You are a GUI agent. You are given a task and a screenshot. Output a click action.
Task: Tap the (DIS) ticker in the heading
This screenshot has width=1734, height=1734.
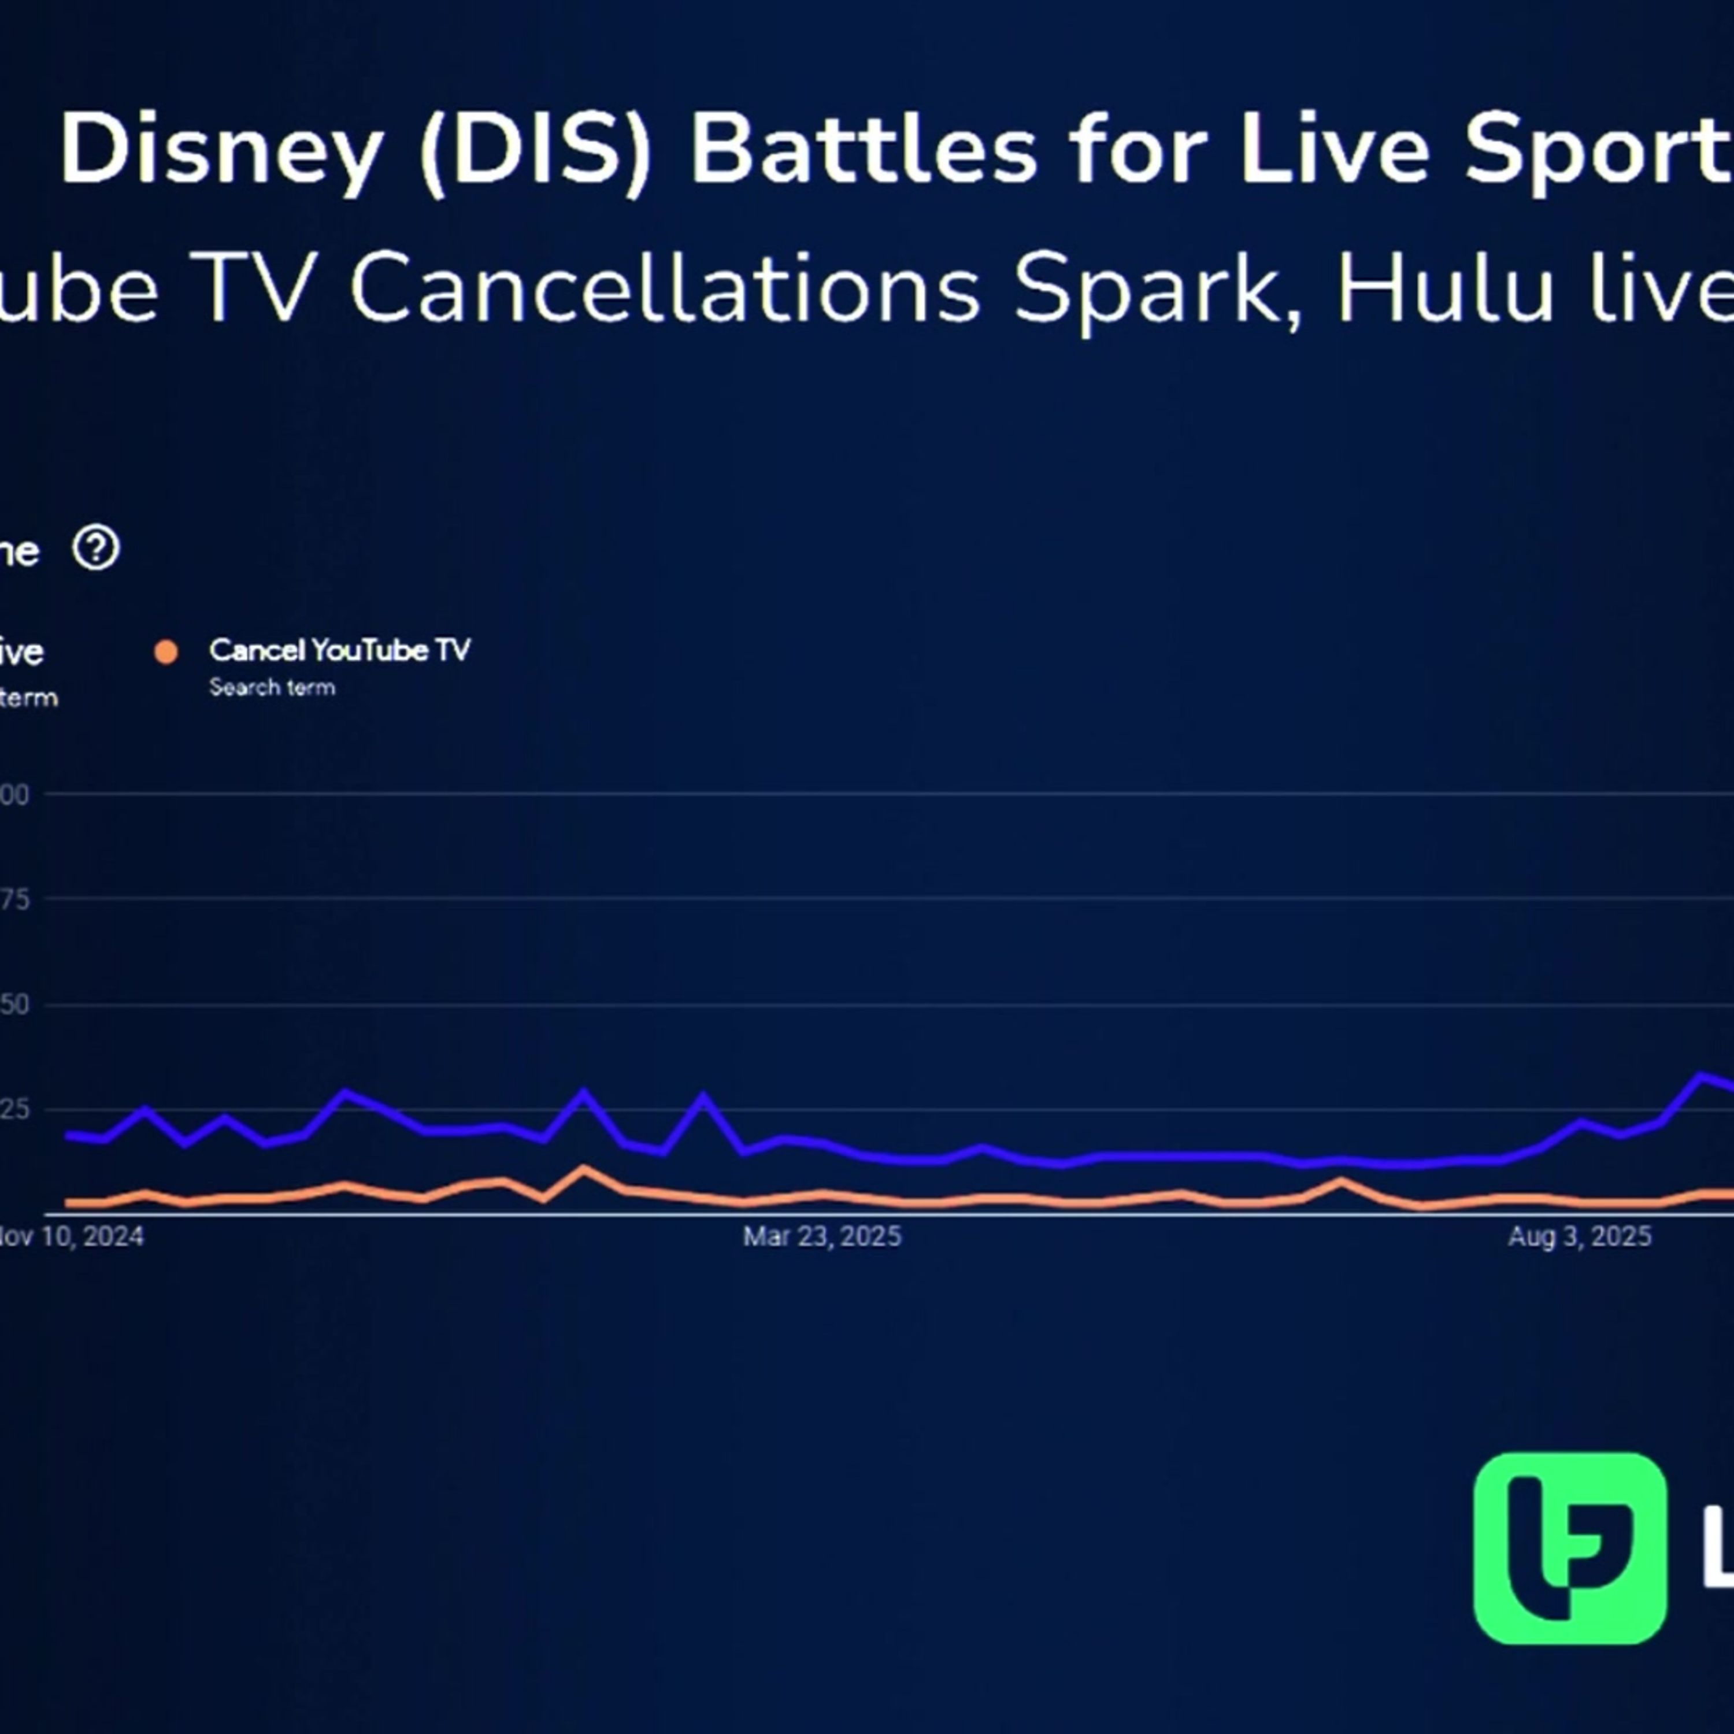[x=535, y=151]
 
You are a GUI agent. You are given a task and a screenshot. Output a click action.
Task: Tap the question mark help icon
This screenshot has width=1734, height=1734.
[x=96, y=549]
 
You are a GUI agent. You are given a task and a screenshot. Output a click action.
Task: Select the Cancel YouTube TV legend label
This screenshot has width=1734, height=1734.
[x=339, y=650]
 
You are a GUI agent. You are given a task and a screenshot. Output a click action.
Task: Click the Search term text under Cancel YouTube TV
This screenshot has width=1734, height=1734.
[x=272, y=687]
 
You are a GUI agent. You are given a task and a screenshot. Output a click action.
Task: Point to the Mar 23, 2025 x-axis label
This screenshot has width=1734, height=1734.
[x=821, y=1237]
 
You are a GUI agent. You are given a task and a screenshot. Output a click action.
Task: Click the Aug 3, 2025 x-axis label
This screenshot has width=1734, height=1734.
[x=1579, y=1237]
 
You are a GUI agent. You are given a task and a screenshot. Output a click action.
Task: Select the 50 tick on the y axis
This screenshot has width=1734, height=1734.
[x=15, y=1005]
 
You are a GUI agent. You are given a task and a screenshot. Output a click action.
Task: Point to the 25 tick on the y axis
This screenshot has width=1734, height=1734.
[x=15, y=1109]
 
